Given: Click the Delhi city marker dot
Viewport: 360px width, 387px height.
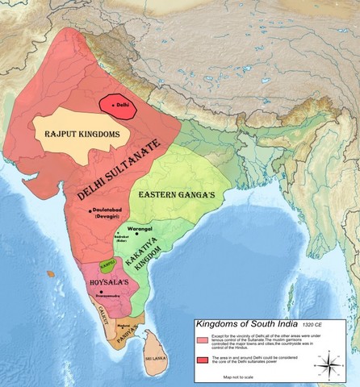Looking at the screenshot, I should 112,105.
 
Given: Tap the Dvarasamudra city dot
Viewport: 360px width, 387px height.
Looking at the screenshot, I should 106,296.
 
